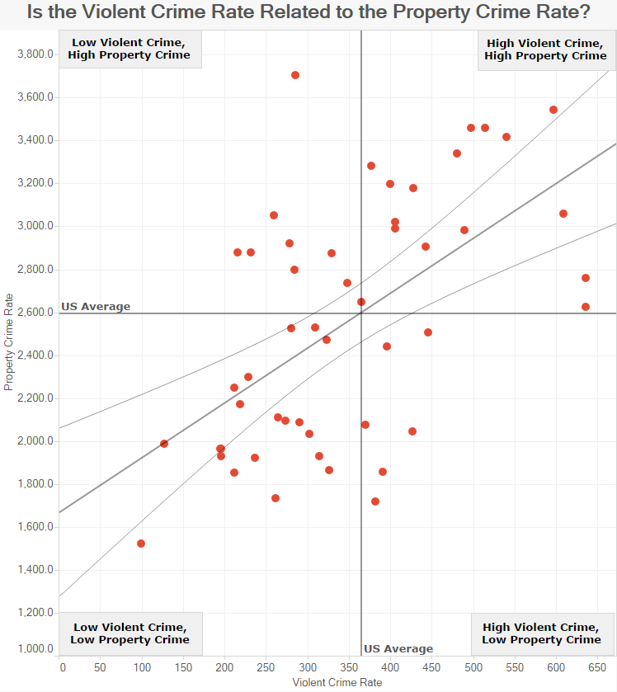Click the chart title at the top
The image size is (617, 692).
(308, 12)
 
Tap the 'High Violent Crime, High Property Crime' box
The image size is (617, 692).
(546, 49)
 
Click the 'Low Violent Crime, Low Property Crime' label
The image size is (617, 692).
(130, 633)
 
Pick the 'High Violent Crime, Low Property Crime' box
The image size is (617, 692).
(543, 633)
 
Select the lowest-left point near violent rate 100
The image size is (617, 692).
(141, 544)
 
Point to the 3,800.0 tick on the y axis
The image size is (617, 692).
(35, 54)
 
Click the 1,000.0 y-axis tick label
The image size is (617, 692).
(35, 649)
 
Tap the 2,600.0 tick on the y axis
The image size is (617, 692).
(35, 313)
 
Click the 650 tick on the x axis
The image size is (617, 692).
(597, 667)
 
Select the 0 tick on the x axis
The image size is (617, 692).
(63, 667)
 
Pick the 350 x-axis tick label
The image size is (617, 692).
(349, 667)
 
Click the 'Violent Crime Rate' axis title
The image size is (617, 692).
(337, 682)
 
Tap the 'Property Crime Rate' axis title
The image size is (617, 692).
(8, 342)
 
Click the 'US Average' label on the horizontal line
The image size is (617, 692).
(96, 306)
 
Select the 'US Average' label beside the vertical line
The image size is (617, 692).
(398, 649)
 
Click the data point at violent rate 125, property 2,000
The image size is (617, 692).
(164, 444)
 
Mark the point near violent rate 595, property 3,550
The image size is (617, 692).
(553, 110)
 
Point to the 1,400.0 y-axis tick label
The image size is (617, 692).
(35, 570)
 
